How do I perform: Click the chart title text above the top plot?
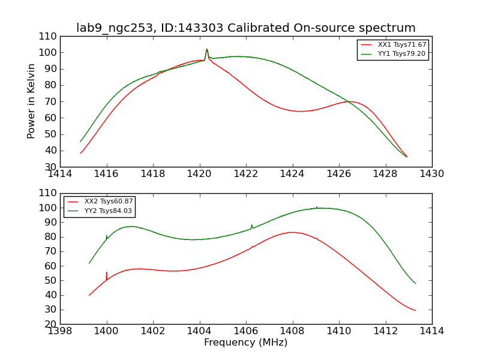tap(245, 28)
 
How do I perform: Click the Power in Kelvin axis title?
tap(31, 101)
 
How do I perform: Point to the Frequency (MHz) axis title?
tap(245, 343)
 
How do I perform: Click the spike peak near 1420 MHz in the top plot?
tap(207, 50)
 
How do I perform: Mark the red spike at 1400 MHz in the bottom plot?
tap(107, 273)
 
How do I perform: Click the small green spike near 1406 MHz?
tap(252, 226)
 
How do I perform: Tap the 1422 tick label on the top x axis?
tap(245, 174)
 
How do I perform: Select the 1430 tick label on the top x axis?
tap(431, 174)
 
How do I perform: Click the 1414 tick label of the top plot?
tap(60, 174)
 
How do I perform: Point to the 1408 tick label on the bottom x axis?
tap(292, 331)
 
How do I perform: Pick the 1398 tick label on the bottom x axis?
tap(60, 331)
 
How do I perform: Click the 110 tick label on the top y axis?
tap(49, 37)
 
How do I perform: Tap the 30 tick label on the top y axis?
tap(52, 167)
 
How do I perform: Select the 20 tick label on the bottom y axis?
tap(52, 324)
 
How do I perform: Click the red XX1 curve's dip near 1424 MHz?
tap(300, 111)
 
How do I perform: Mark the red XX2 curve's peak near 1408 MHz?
tap(292, 232)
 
